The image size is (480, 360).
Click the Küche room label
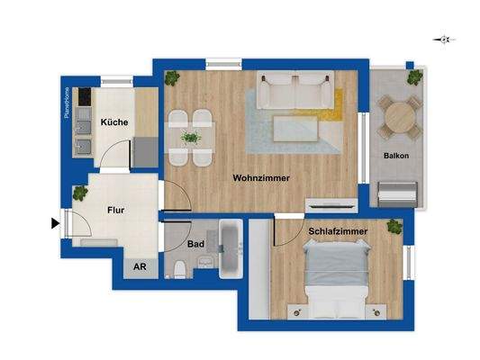click(x=113, y=121)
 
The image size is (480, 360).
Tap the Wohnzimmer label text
click(x=260, y=178)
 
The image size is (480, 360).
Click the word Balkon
click(x=396, y=156)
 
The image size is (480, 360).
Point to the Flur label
click(x=115, y=211)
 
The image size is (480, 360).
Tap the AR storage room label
click(x=140, y=266)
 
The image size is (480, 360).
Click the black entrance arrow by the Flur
click(x=57, y=223)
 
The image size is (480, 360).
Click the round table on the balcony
click(x=397, y=117)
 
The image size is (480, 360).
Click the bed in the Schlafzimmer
click(x=338, y=279)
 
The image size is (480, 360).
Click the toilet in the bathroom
click(x=183, y=267)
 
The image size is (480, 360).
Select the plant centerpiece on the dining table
click(x=190, y=138)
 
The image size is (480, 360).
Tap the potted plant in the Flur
click(x=80, y=193)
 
